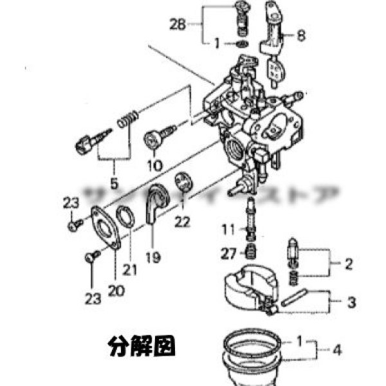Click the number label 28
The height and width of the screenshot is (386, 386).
click(x=177, y=25)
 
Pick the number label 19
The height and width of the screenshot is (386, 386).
click(x=152, y=256)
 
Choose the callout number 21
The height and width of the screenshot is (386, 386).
click(x=131, y=271)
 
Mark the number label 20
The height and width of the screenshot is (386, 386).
click(x=116, y=291)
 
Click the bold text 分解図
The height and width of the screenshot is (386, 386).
click(x=142, y=347)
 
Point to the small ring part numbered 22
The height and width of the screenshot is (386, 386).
click(x=183, y=183)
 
